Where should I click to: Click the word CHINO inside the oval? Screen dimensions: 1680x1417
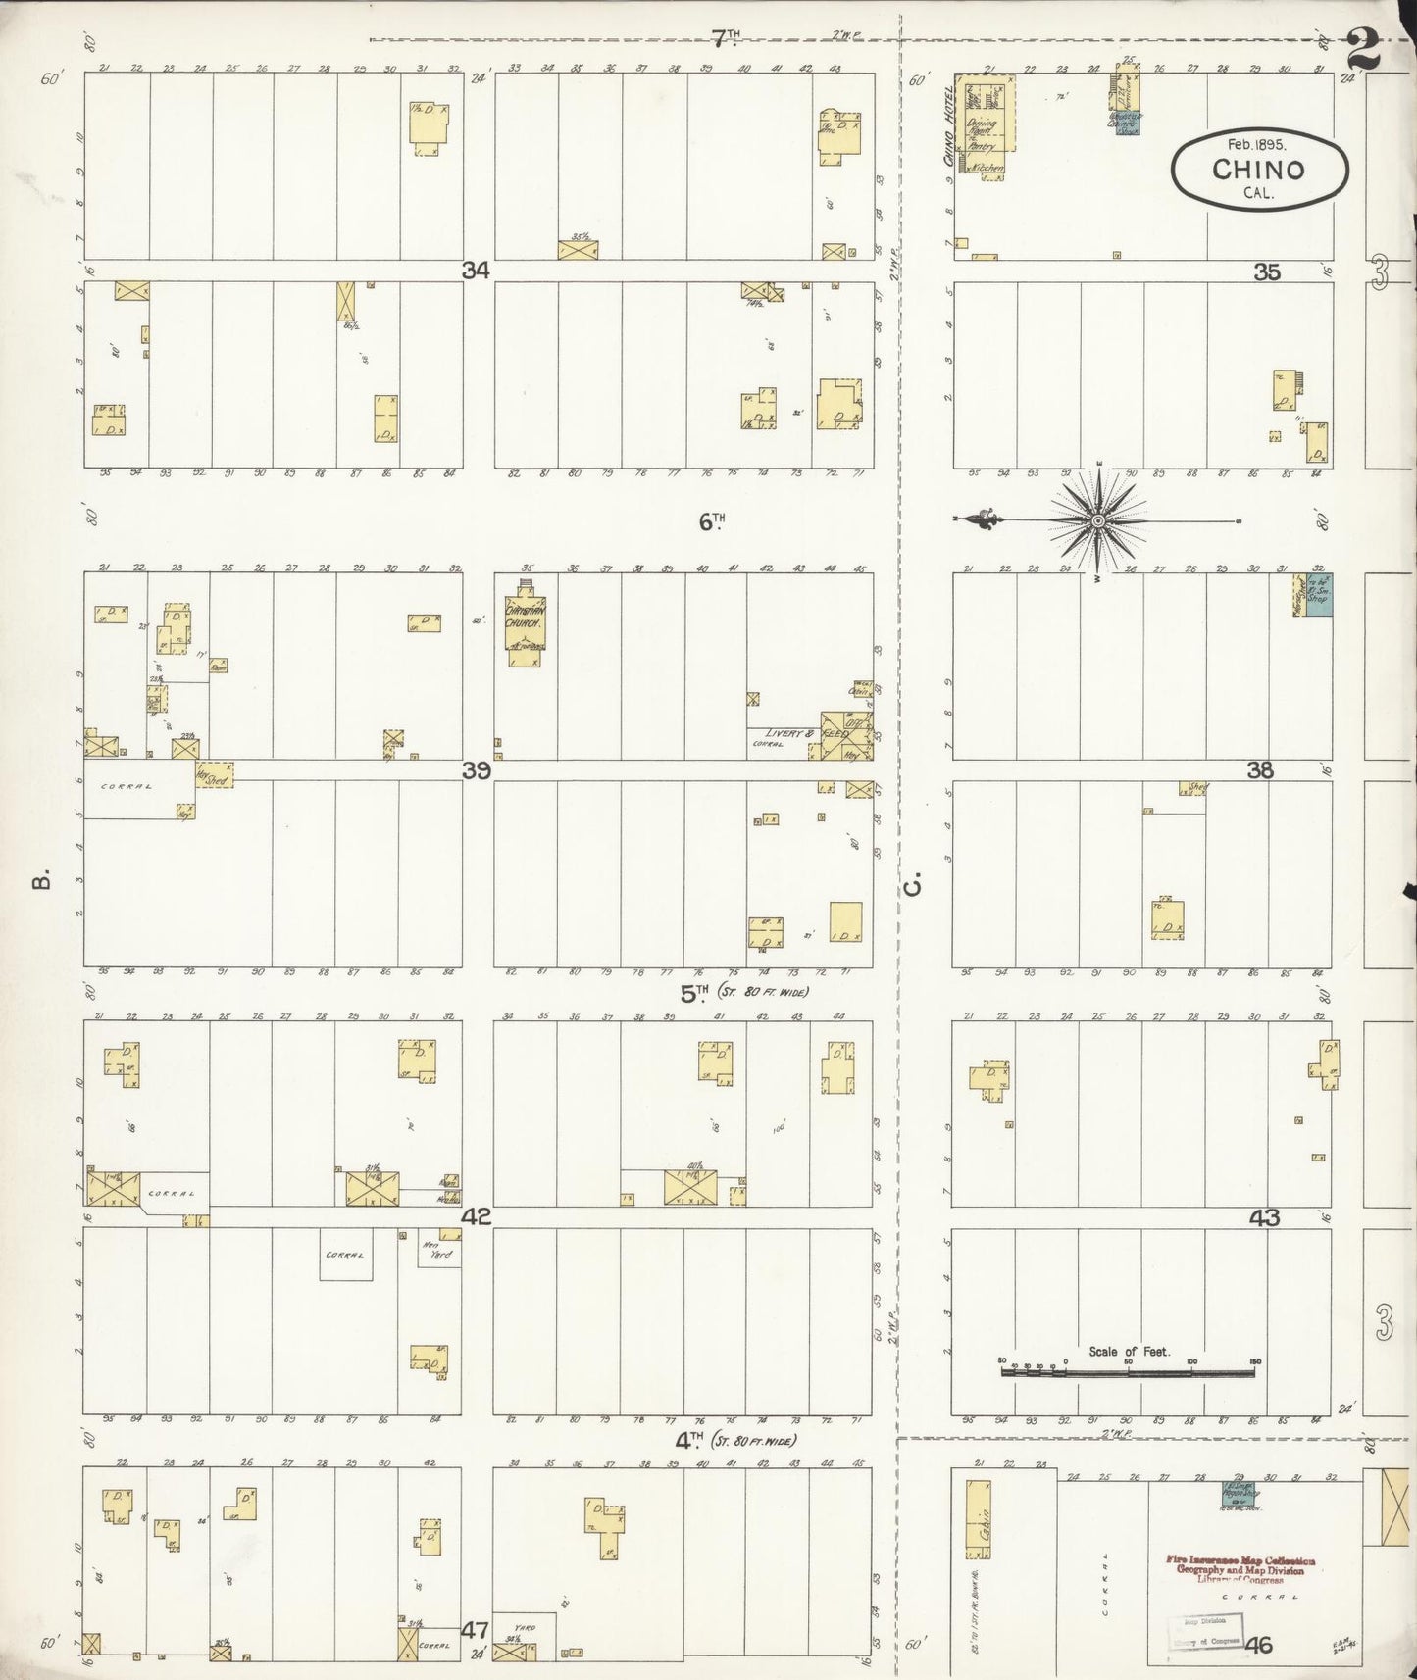1258,169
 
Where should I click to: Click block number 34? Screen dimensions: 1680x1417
477,271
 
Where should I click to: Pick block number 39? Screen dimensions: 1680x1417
477,770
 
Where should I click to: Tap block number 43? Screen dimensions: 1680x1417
1265,1217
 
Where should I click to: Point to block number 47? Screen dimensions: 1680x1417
476,1631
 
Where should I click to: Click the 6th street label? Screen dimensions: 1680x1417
711,522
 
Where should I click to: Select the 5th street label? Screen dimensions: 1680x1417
694,993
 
